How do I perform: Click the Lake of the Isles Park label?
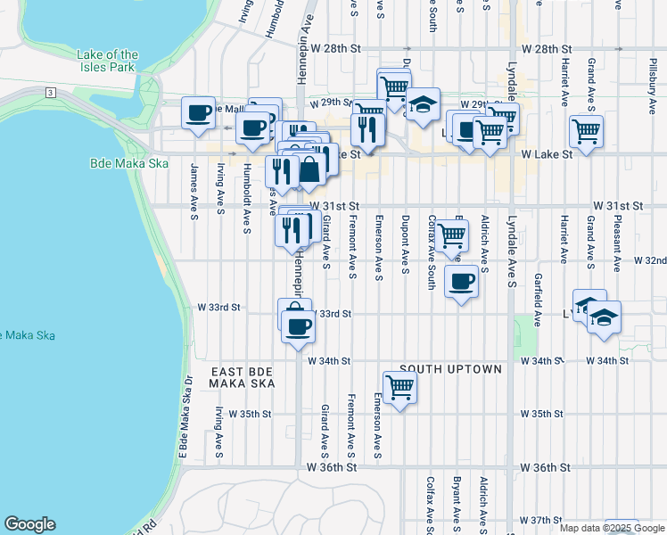tap(108, 61)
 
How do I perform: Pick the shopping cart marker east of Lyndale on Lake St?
tap(586, 131)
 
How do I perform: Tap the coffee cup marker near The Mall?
tap(198, 112)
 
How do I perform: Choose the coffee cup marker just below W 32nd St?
tap(461, 282)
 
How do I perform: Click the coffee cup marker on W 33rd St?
tap(298, 325)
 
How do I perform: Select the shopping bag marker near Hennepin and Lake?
tap(309, 169)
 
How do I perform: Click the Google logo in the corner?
tap(29, 524)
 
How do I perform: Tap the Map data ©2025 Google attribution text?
tap(613, 528)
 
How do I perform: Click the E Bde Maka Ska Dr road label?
tap(187, 420)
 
